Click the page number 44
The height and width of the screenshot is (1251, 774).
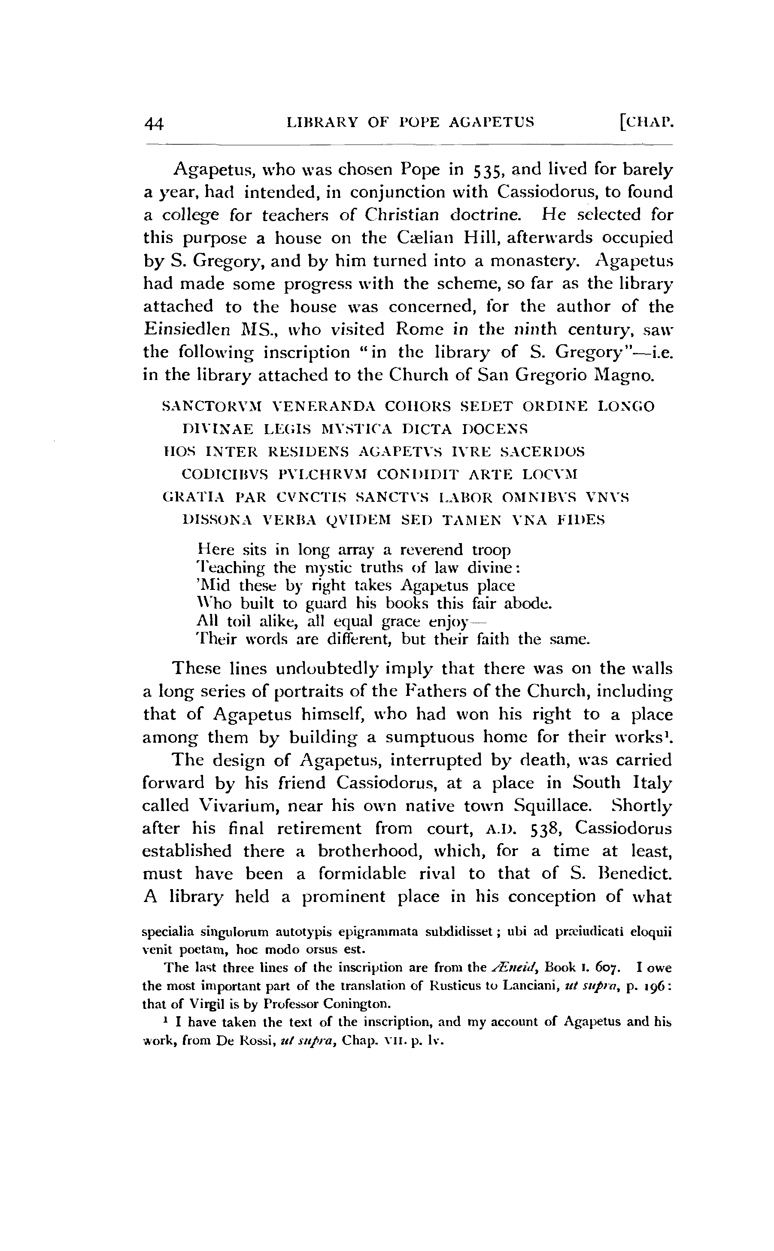tap(154, 123)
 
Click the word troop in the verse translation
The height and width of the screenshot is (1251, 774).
tap(491, 550)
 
